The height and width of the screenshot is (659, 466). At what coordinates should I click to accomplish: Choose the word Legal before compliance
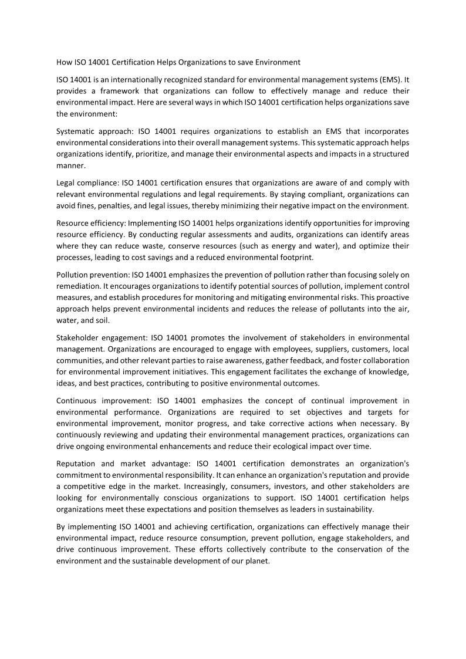pos(66,183)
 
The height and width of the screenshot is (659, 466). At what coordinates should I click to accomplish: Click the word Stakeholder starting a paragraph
pos(79,337)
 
